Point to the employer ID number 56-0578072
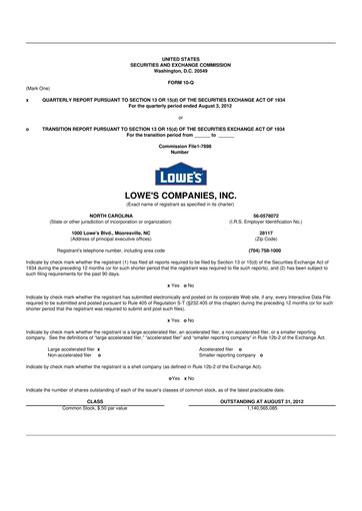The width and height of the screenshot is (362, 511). tap(265, 215)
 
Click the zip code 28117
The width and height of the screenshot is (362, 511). tap(265, 232)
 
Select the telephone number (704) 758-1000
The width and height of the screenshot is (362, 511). tap(265, 250)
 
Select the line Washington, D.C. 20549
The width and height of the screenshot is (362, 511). tap(180, 71)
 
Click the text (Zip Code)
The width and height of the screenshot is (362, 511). tap(265, 238)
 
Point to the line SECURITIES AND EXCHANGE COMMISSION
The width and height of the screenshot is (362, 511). tap(180, 65)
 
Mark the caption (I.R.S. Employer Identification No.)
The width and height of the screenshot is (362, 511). tap(265, 221)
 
